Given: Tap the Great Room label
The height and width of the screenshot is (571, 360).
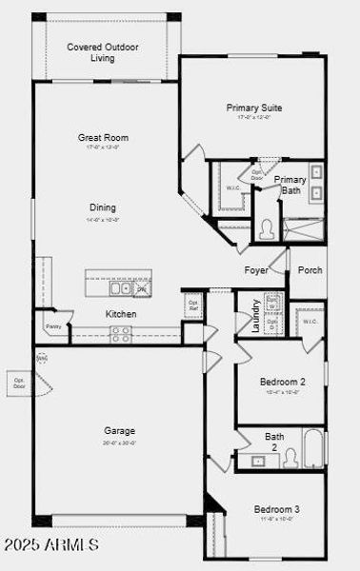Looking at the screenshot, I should coord(103,138).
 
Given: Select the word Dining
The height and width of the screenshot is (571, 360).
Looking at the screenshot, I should coord(103,207).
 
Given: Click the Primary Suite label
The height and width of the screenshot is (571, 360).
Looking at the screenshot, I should coord(253,108).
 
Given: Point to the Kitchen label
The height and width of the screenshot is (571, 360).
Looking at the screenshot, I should coord(121,314).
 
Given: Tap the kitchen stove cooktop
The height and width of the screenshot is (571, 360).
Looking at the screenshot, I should coord(121,334).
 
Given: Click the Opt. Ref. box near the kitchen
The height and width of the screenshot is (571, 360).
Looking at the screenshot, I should coord(193,306).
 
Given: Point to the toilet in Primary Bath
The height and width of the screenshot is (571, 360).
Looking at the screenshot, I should coord(267,228).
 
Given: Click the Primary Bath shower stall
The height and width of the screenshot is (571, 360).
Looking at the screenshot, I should coord(304,226).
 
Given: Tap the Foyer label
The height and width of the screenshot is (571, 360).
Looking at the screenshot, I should coord(255,270).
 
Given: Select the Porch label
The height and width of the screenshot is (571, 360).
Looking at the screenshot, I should coord(310,270).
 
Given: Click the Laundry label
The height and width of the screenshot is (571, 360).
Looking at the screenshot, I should coord(255,312).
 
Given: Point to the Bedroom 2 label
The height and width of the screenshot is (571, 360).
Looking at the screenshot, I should coord(283,382).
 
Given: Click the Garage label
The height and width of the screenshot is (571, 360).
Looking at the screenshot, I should coord(119,431).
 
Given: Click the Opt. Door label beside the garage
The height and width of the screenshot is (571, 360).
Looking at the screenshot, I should coord(19,383).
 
